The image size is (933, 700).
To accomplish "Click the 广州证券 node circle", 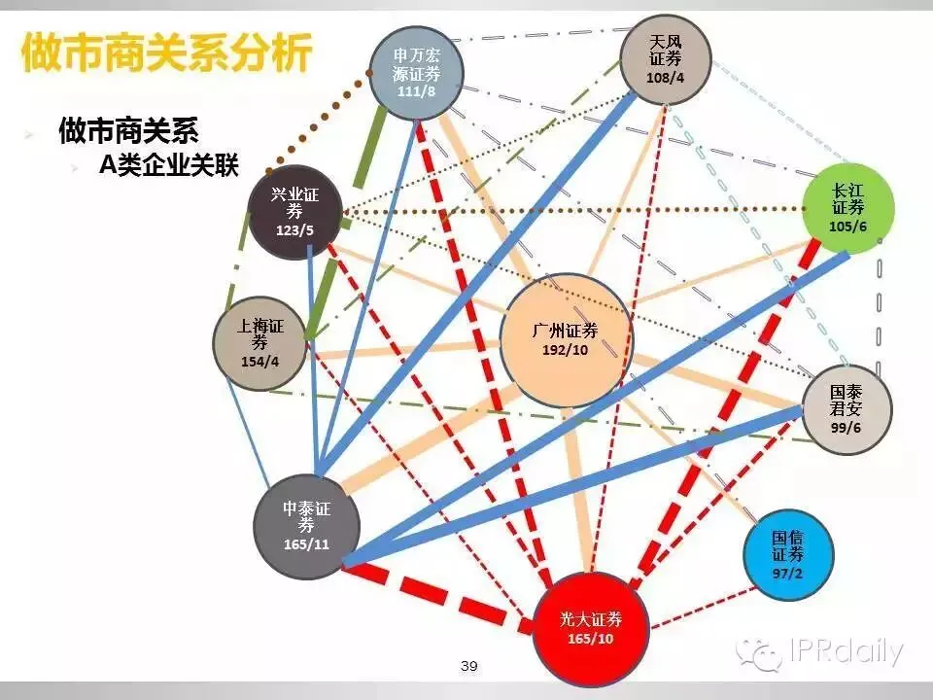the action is point(566,339).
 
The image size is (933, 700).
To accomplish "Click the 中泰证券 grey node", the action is point(307,527).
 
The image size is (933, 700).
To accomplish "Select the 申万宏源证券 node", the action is point(416,74).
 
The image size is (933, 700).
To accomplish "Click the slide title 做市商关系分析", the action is point(166,53).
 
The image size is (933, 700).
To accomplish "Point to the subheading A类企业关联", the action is point(167,165).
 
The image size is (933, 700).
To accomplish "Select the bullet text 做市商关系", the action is point(135,129).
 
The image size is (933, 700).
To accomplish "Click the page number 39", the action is point(469,666).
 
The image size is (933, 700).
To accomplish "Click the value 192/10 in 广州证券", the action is point(565,350).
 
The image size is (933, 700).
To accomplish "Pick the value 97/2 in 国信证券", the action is point(788,573).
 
